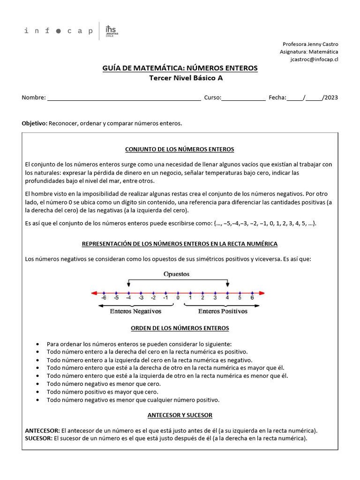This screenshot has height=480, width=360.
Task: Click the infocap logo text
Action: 58,31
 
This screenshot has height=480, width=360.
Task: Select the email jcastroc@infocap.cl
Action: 315,60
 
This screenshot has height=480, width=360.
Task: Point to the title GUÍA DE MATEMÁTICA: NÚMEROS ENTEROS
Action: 180,68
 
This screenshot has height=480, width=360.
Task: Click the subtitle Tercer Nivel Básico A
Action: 180,78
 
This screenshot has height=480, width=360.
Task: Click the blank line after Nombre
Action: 124,98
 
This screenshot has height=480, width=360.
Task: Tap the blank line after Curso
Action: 243,98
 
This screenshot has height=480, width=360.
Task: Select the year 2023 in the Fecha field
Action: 330,98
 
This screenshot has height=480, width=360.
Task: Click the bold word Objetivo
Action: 34,123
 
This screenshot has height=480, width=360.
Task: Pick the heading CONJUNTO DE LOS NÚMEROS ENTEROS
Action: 180,150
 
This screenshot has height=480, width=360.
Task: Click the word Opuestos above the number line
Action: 177,274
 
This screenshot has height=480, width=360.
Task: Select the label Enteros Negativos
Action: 135,311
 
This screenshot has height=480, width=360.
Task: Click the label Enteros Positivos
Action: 223,311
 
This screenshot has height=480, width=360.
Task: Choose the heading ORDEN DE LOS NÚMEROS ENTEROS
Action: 180,329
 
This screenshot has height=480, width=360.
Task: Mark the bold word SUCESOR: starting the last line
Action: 37,439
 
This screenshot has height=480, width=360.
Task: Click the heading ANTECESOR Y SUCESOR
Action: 180,415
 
